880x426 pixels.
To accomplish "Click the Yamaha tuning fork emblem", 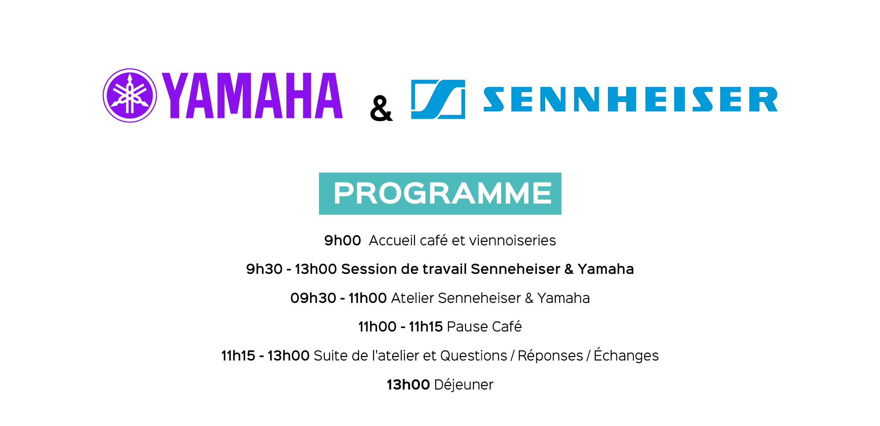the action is pyautogui.click(x=130, y=95).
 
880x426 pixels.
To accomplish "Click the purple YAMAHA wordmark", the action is pyautogui.click(x=252, y=96).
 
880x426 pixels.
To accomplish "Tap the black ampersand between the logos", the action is pyautogui.click(x=381, y=108).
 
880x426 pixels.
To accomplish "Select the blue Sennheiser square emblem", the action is pyautogui.click(x=438, y=99).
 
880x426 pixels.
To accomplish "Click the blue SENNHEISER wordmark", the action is pyautogui.click(x=631, y=99).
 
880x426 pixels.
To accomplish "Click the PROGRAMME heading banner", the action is pyautogui.click(x=440, y=193).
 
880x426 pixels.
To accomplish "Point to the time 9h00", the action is pyautogui.click(x=342, y=240).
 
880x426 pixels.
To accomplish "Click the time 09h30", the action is pyautogui.click(x=313, y=298).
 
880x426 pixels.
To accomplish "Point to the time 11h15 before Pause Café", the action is pyautogui.click(x=425, y=327).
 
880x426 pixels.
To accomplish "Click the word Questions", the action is pyautogui.click(x=473, y=356).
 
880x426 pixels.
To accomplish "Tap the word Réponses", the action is pyautogui.click(x=550, y=356).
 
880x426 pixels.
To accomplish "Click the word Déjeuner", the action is pyautogui.click(x=464, y=385).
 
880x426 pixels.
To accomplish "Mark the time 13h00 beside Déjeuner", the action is pyautogui.click(x=408, y=385).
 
